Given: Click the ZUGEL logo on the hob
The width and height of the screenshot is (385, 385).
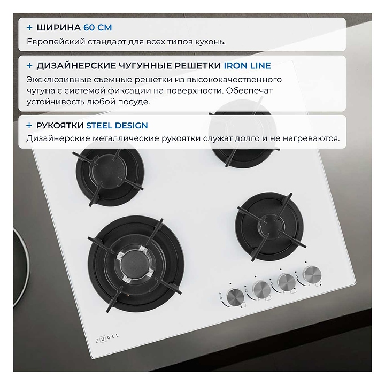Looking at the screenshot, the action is point(107,338).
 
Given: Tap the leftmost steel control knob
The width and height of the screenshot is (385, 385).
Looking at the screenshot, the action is point(235,297).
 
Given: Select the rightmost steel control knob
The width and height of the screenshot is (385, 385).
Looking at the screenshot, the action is point(312,274).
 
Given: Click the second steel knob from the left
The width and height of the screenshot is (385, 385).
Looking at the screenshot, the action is point(261,290).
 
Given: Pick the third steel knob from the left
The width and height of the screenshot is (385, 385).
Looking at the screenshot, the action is point(287,282).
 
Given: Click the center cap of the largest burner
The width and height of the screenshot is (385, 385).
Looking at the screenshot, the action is point(134,265).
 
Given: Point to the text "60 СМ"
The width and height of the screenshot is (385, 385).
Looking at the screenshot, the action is point(98,27).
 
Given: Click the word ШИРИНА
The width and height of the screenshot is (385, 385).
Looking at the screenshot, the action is point(58,27).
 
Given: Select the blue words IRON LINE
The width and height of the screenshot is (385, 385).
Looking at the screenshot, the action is point(247,66).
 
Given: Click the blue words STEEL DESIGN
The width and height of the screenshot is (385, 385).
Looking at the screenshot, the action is point(117,126).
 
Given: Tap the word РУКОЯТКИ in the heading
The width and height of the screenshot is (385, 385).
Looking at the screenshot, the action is point(60,126).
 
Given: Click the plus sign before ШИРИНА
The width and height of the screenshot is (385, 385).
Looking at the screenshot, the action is point(29,27).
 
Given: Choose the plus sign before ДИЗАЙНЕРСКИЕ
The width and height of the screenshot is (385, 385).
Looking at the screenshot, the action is point(29,66).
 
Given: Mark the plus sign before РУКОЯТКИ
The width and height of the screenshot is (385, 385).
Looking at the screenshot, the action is point(29,126).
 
